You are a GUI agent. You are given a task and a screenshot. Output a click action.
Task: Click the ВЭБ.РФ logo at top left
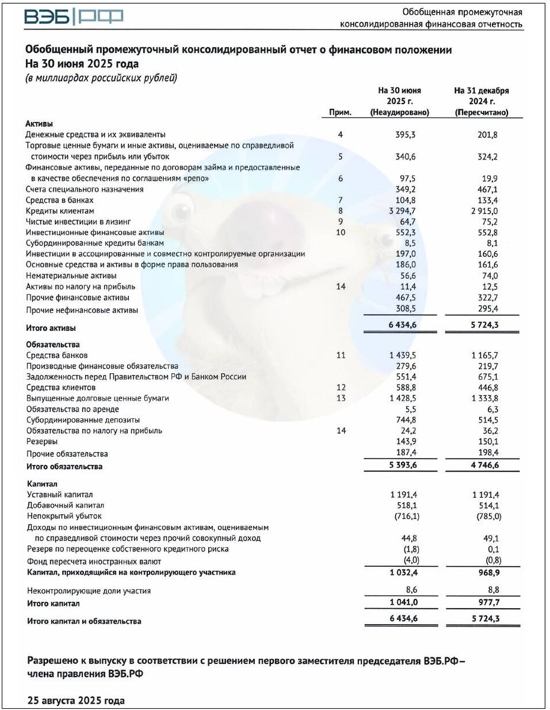tap(73, 18)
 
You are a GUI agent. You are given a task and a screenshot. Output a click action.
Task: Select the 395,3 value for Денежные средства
tap(405, 135)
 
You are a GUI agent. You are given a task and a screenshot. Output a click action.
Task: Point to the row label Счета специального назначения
tap(85, 189)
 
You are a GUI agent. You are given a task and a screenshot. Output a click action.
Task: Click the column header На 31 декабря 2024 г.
tap(481, 101)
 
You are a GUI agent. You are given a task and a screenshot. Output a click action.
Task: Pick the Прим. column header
tap(340, 112)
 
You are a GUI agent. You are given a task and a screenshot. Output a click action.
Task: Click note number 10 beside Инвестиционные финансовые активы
tap(340, 233)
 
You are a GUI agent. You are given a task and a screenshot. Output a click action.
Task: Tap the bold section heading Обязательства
tap(53, 344)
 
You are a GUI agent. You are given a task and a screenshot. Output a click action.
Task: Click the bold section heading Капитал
tap(43, 483)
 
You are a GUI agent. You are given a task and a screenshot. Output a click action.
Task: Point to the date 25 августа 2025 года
tap(76, 701)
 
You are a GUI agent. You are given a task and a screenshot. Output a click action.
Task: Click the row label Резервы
tap(42, 441)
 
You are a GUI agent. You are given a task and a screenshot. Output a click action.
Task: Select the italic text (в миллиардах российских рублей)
tap(101, 78)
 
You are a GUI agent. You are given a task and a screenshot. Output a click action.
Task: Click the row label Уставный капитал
tap(60, 495)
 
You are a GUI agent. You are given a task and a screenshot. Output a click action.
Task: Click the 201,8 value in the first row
tap(487, 135)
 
